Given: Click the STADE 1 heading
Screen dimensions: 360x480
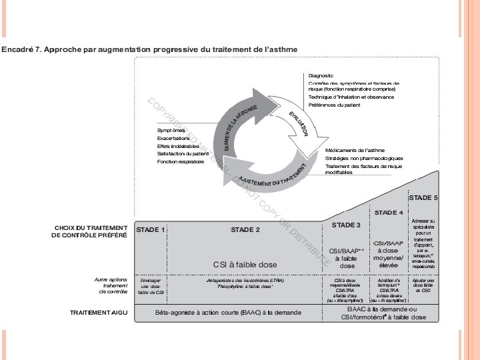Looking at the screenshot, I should click(x=151, y=230).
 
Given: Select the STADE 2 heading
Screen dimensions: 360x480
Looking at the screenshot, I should click(x=245, y=230).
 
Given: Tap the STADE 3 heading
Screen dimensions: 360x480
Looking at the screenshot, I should click(x=346, y=225).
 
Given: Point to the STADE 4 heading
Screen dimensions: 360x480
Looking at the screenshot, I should click(x=388, y=213).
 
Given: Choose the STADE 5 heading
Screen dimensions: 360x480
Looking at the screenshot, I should click(x=423, y=198).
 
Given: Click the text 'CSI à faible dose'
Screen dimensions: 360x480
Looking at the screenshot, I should click(x=245, y=265).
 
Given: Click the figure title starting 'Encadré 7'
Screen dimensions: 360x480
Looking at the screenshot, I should click(x=149, y=49).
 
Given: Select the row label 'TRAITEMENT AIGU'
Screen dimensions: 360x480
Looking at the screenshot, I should click(x=99, y=312).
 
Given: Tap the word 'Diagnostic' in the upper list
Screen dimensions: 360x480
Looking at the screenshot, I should click(x=321, y=76).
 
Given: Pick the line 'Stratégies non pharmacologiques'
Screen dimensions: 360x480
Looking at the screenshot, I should click(x=360, y=158).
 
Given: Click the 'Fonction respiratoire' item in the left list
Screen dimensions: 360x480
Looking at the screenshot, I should click(x=181, y=162).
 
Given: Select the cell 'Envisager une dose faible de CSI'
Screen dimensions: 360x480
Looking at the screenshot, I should click(x=151, y=286).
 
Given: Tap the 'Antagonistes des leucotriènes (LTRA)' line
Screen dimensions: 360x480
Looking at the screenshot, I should click(x=245, y=281).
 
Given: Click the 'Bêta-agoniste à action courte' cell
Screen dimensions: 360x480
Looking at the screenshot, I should click(x=228, y=312).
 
